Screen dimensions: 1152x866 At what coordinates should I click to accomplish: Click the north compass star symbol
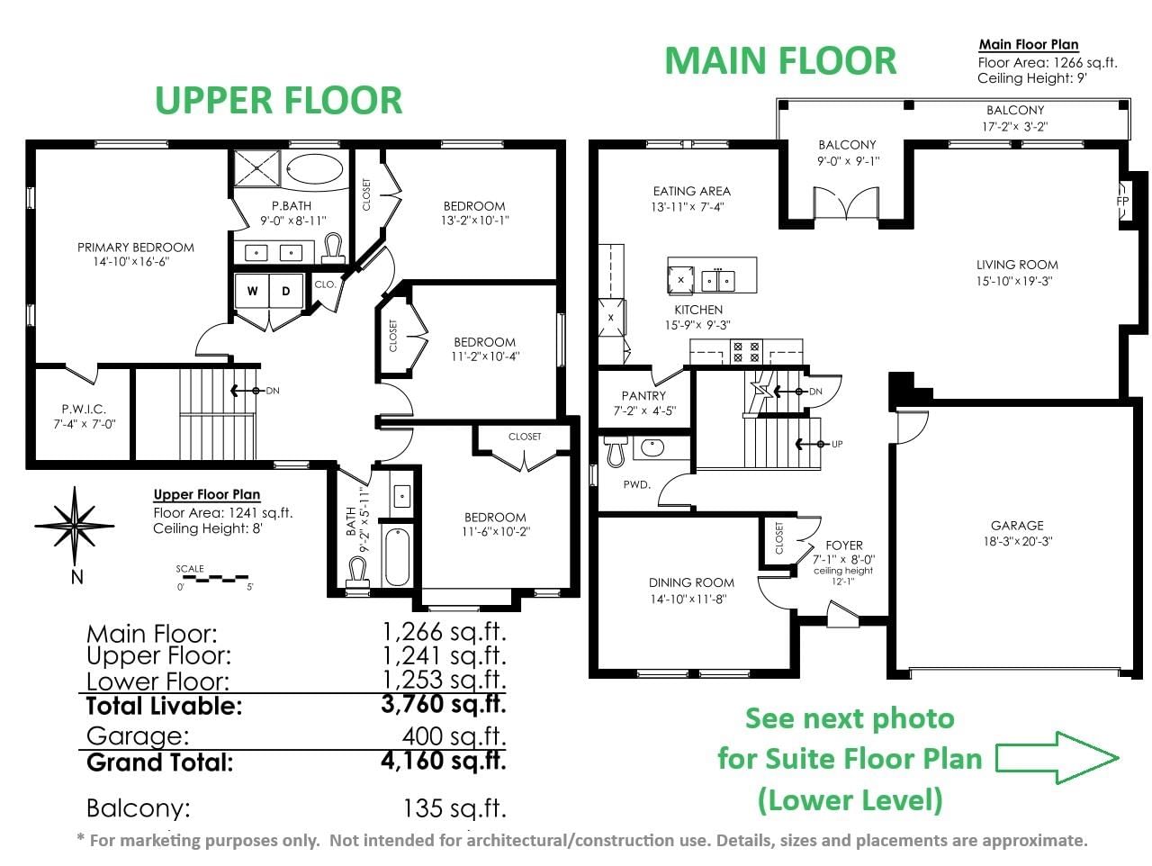click(x=75, y=525)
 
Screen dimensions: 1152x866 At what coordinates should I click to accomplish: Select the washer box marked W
click(x=252, y=291)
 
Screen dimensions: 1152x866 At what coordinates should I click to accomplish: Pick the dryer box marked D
click(x=286, y=291)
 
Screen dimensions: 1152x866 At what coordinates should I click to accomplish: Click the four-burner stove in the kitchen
click(x=746, y=352)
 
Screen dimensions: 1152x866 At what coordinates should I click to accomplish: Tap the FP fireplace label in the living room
click(x=1122, y=201)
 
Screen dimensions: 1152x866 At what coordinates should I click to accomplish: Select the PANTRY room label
click(x=643, y=395)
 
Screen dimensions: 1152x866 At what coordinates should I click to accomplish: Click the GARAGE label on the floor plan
click(x=1017, y=525)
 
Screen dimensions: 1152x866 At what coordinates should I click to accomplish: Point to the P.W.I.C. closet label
click(x=84, y=409)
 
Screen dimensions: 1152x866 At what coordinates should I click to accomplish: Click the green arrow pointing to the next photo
click(x=1057, y=757)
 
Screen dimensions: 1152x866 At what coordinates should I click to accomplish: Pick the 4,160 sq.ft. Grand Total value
click(x=444, y=761)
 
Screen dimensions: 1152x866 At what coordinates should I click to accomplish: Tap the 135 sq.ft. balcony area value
click(x=454, y=808)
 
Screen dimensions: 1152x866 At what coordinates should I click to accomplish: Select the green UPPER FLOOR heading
click(x=279, y=100)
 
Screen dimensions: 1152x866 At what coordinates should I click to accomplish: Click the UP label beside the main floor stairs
click(x=837, y=444)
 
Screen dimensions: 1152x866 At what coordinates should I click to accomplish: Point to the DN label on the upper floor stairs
click(x=273, y=391)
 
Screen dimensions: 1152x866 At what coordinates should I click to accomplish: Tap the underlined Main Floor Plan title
click(x=1028, y=45)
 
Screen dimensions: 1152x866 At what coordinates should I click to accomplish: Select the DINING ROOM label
click(x=691, y=582)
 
